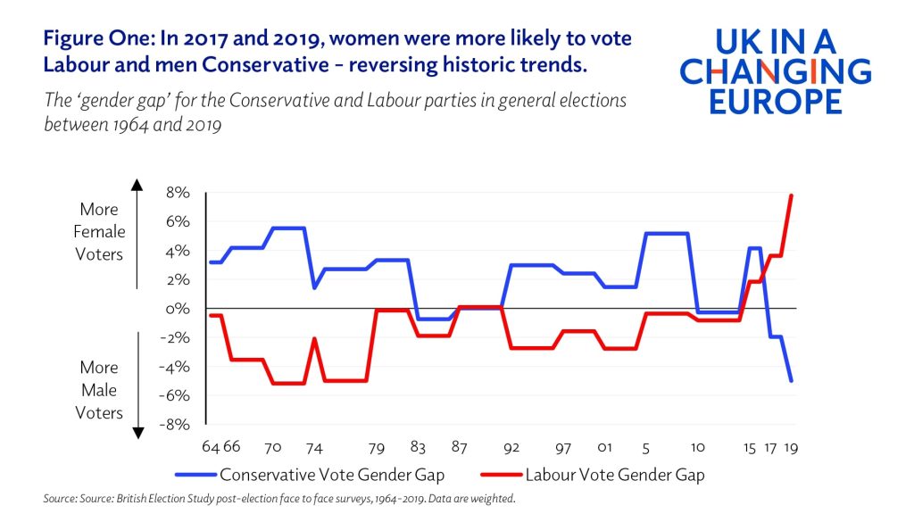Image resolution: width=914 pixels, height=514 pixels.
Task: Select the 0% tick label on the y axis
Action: [179, 309]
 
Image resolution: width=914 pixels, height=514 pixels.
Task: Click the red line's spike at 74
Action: [314, 338]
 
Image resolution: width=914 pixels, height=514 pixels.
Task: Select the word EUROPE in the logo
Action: [775, 100]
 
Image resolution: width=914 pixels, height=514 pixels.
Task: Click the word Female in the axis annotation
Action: [99, 232]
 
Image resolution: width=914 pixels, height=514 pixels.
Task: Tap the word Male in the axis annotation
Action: [99, 390]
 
